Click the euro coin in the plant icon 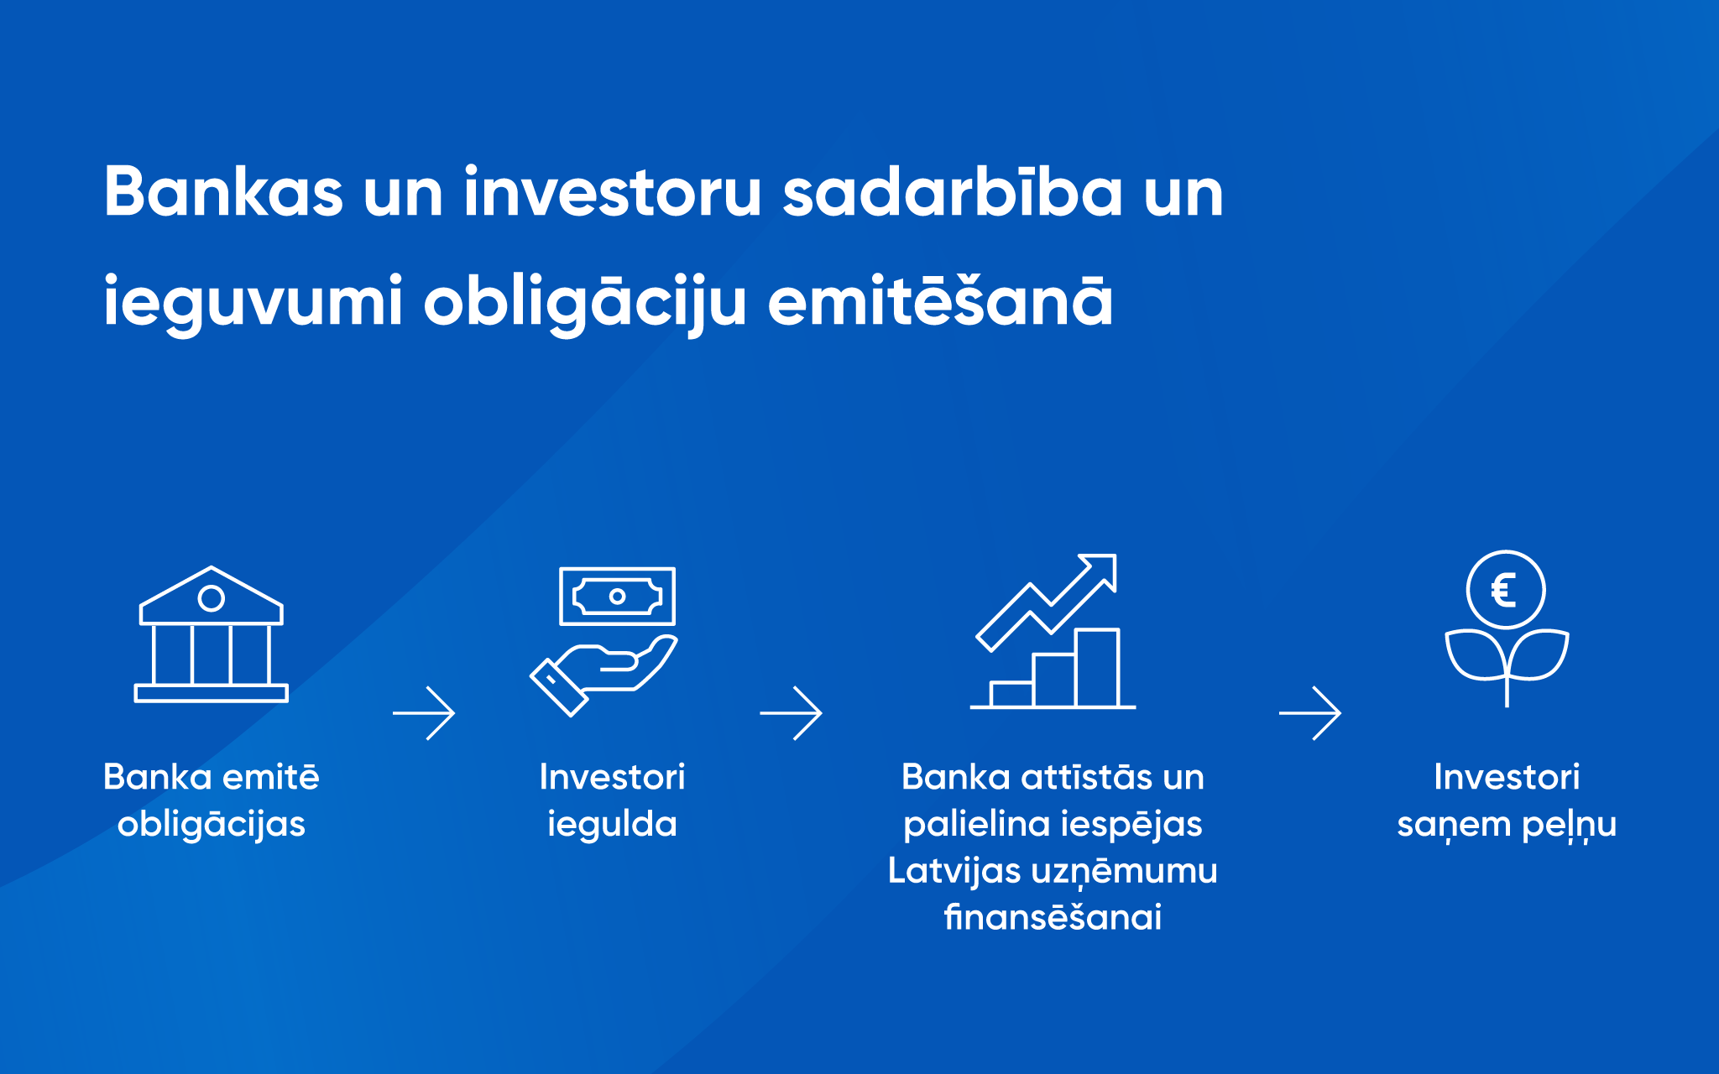coord(1506,590)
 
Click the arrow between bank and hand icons coord(424,713)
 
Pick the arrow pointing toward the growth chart coord(791,713)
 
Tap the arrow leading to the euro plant coord(1310,713)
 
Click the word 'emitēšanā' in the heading coord(941,300)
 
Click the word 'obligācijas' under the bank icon coord(212,825)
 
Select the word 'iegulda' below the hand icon coord(612,825)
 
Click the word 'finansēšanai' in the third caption coord(1053,916)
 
